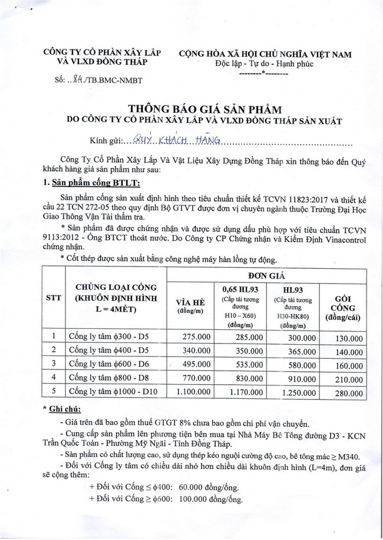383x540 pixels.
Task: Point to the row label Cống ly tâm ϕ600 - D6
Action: pos(103,364)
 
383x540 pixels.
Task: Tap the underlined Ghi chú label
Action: pos(65,409)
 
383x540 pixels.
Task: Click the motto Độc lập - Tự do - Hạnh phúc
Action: pos(264,64)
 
